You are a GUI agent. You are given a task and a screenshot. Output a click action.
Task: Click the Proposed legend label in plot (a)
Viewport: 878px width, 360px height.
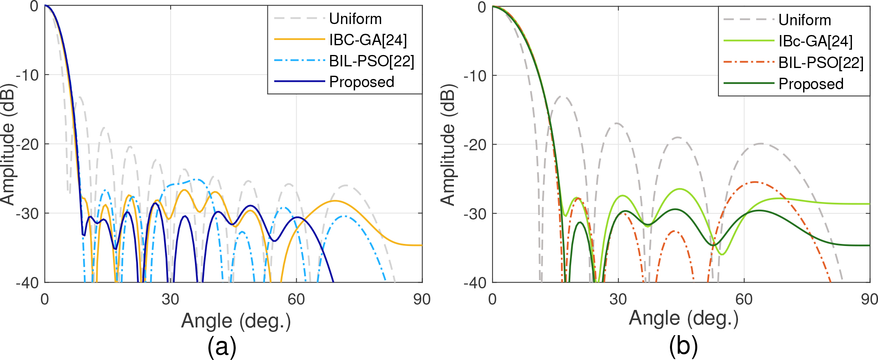point(361,82)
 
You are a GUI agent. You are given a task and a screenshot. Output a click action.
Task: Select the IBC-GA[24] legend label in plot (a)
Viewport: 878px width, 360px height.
point(368,40)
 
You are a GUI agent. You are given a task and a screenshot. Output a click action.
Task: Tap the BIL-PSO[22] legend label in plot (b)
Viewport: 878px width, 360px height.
point(821,62)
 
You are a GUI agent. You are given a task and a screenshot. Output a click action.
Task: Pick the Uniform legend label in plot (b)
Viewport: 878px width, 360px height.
point(804,20)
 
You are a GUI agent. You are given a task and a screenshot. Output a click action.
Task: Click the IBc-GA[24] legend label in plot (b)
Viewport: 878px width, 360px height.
point(815,41)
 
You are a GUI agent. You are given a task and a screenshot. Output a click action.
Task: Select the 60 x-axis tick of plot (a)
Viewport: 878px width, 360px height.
point(296,299)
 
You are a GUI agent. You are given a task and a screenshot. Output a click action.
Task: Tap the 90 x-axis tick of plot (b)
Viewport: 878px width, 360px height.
point(869,299)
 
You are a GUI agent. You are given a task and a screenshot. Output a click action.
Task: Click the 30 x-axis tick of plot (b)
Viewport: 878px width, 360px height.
point(618,299)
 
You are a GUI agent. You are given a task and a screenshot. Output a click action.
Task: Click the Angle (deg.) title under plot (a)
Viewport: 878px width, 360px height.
point(236,321)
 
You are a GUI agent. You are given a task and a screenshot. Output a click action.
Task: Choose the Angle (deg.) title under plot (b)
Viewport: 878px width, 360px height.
point(683,318)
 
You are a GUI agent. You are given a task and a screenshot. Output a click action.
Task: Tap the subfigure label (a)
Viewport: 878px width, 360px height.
point(222,347)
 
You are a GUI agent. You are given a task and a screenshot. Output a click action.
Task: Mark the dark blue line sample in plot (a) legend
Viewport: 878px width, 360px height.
point(300,81)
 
